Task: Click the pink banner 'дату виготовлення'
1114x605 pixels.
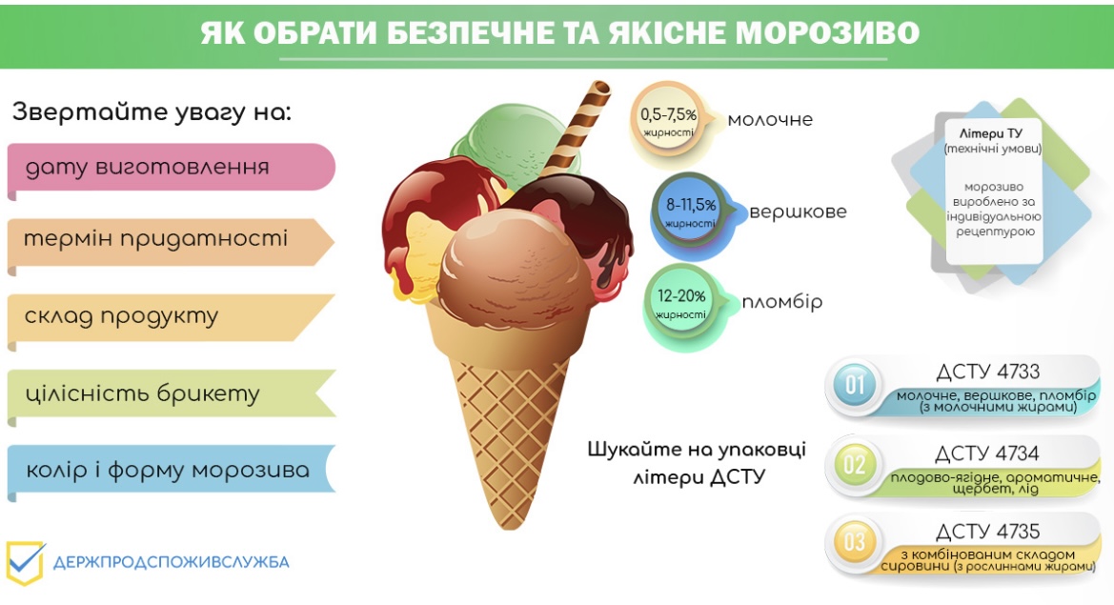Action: click(x=171, y=168)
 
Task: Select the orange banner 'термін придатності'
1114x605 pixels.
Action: click(x=171, y=242)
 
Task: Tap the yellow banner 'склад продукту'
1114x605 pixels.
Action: click(x=171, y=317)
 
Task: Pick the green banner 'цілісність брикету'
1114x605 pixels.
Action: click(x=171, y=393)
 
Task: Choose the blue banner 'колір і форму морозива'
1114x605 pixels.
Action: click(x=171, y=470)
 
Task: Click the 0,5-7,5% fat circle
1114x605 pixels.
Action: click(x=668, y=120)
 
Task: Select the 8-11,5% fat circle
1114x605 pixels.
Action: click(x=689, y=212)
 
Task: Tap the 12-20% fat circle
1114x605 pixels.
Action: click(x=680, y=303)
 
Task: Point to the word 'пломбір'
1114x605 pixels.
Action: click(x=781, y=303)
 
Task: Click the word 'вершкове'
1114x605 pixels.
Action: click(x=798, y=212)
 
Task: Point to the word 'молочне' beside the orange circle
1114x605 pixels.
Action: click(x=770, y=120)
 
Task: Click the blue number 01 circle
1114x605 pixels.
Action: click(x=855, y=386)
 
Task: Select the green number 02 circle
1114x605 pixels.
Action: click(x=855, y=465)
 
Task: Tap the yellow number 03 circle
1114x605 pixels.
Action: click(x=855, y=542)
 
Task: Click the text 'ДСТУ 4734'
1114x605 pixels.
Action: click(x=987, y=454)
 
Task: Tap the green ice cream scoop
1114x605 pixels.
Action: click(x=513, y=139)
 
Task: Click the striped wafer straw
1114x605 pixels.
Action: click(x=575, y=129)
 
